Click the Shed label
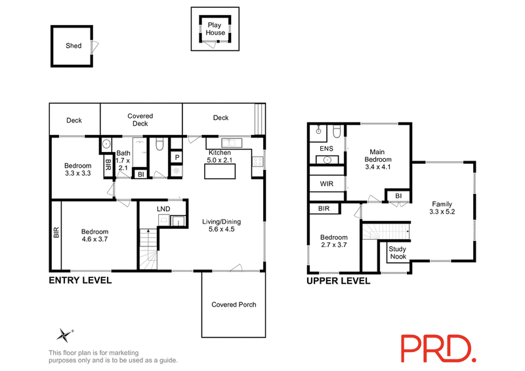[73, 45]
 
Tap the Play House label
[215, 29]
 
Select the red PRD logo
[438, 349]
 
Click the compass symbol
[64, 335]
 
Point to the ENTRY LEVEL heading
[80, 281]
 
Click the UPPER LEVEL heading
[339, 281]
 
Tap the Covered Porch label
[234, 304]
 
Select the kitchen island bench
[220, 172]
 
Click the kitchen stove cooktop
[257, 162]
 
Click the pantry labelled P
[177, 157]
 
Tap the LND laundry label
[163, 208]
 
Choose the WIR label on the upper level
[327, 184]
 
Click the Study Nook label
[398, 252]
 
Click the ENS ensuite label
[326, 149]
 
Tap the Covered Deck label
[140, 120]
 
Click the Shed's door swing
[95, 47]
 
